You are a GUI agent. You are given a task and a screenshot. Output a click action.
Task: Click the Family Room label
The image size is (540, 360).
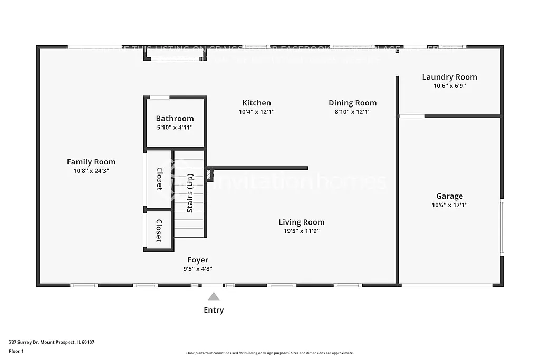91,162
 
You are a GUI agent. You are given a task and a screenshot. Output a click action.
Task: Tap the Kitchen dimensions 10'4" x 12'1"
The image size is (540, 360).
256,112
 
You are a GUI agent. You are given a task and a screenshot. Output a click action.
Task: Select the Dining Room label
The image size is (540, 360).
352,103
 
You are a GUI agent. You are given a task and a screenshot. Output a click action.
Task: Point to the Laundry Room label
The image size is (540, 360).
449,77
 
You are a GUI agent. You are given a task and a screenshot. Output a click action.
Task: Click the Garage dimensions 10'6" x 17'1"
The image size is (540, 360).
449,205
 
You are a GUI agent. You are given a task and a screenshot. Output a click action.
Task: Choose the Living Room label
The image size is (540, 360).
302,222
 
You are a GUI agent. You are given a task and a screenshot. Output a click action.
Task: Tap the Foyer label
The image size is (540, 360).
198,260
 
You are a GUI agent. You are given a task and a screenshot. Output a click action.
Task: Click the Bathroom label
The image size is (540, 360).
175,119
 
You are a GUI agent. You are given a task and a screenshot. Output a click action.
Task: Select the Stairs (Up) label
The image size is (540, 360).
190,193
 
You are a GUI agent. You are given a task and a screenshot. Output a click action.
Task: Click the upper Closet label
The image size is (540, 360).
159,179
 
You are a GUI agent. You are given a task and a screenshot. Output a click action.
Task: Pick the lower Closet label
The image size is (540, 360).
159,230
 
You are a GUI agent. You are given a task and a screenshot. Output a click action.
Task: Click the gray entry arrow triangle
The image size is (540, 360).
214,297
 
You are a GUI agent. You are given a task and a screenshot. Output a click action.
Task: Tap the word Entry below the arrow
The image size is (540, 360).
214,310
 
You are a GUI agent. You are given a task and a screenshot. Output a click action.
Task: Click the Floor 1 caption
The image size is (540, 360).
17,351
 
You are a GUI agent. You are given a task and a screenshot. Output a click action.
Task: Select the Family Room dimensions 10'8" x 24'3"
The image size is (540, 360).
91,171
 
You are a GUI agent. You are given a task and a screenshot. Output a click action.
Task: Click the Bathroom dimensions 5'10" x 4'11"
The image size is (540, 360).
175,127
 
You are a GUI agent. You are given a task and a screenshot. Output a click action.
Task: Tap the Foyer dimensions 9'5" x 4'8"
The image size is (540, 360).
198,269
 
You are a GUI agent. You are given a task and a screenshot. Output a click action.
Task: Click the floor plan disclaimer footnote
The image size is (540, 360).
269,353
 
